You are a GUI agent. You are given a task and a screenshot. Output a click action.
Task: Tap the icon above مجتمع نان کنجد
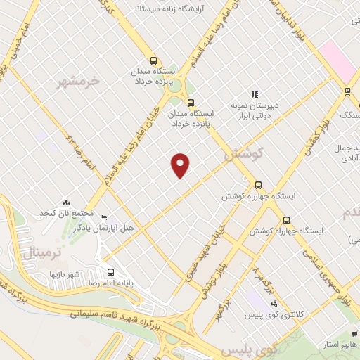pyautogui.click(x=65, y=202)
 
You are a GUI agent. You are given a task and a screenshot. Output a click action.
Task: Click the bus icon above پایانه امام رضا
pyautogui.click(x=110, y=272)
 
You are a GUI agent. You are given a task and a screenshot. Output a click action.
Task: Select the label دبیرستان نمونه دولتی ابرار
pyautogui.click(x=256, y=110)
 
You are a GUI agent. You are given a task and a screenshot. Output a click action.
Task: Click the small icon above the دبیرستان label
pyautogui.click(x=255, y=94)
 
